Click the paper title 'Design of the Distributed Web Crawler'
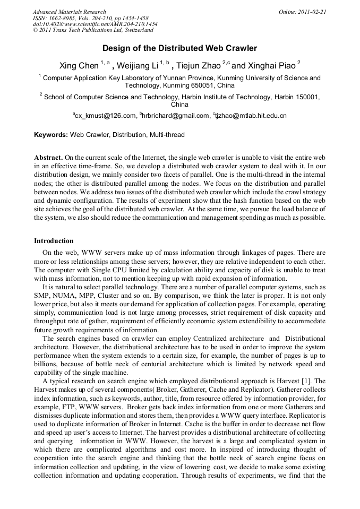179,48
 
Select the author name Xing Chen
79,66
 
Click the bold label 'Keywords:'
51,135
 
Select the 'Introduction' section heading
54,241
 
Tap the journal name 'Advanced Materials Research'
69,12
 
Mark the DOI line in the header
95,24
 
